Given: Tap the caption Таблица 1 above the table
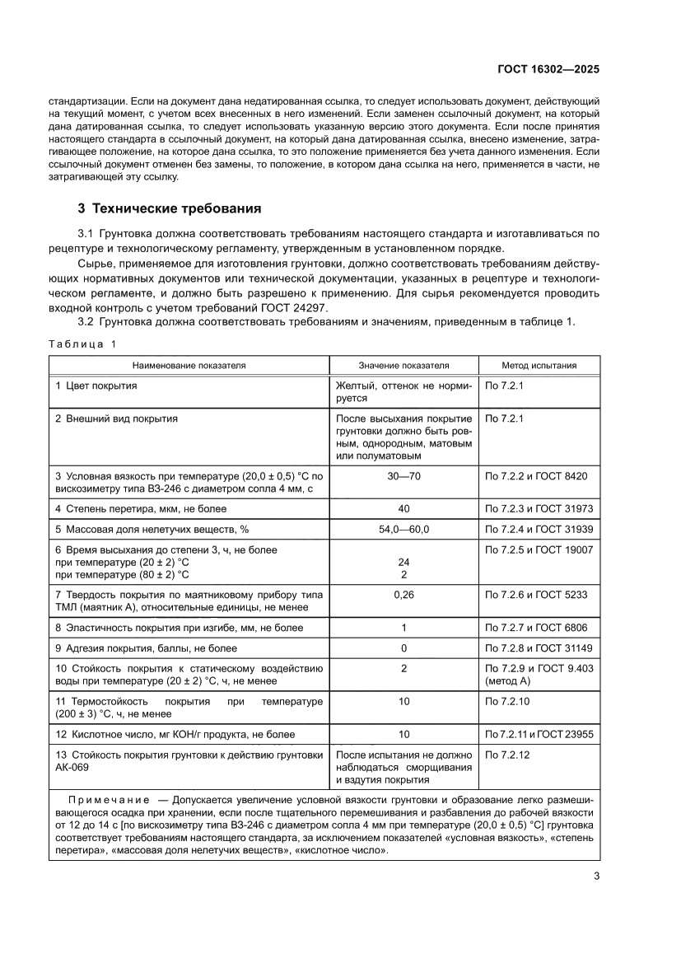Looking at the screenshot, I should click(x=82, y=344).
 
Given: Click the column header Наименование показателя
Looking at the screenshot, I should click(x=189, y=365).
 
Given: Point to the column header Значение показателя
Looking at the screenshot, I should click(x=403, y=365).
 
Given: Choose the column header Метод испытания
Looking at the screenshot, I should click(x=539, y=365).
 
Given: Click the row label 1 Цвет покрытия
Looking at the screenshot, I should click(x=96, y=386).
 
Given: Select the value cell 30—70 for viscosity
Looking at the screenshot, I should click(x=403, y=476).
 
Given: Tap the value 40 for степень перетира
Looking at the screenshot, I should click(x=403, y=508).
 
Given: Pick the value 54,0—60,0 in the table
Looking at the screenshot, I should click(x=403, y=529).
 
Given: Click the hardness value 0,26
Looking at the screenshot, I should click(x=403, y=595).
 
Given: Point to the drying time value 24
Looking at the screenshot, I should click(x=403, y=562).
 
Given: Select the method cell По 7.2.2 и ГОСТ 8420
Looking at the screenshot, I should click(x=536, y=476).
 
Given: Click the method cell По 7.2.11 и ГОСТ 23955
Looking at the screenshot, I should click(x=539, y=734).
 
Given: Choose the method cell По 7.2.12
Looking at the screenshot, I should click(x=509, y=755).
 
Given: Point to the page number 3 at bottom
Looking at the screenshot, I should click(x=596, y=877).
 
